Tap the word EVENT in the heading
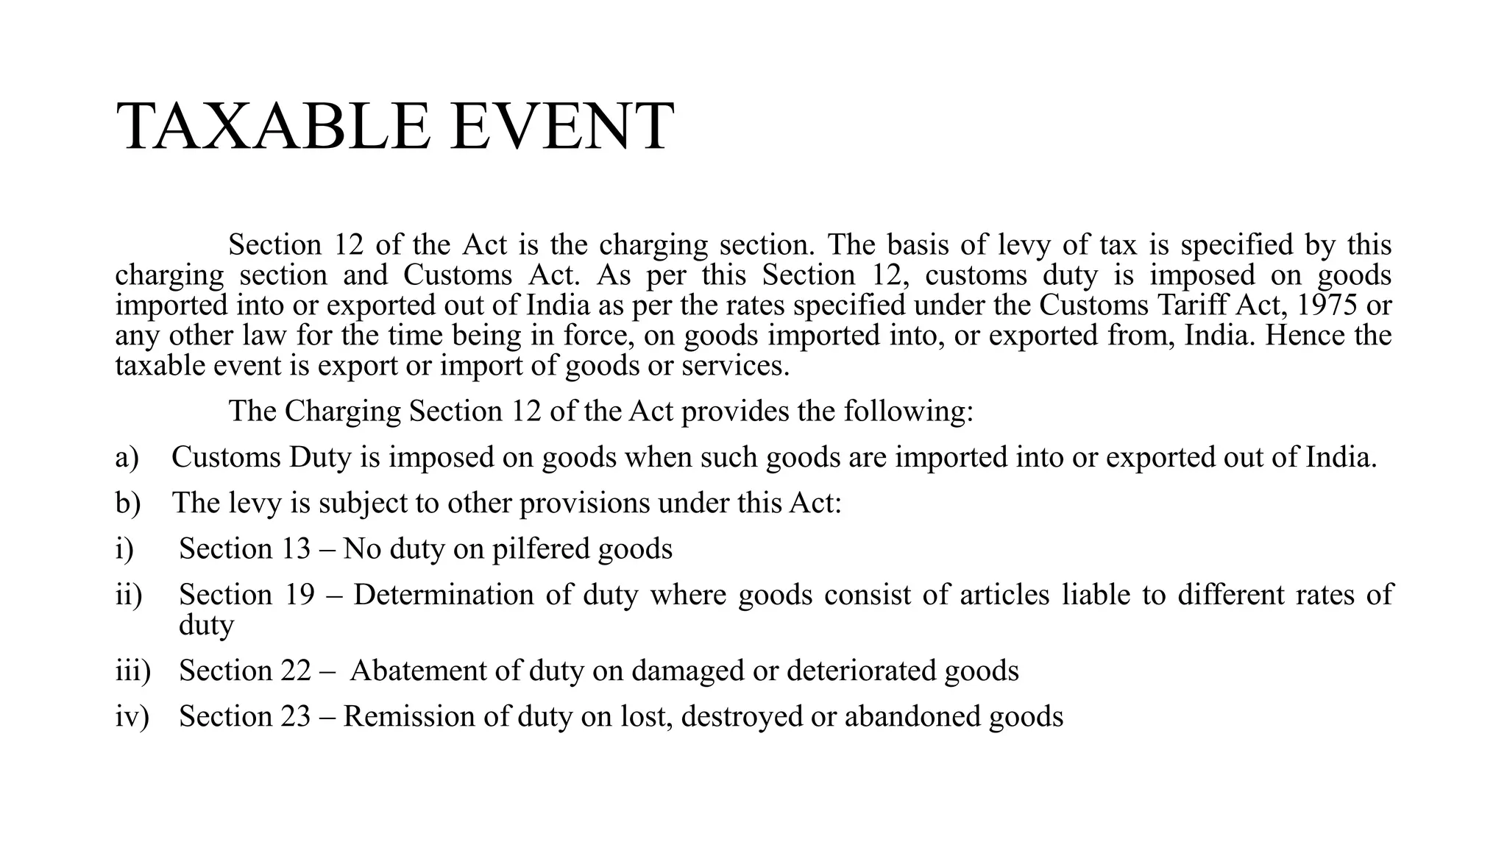click(561, 127)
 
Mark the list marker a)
click(127, 457)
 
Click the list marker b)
click(127, 503)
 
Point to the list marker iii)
click(132, 671)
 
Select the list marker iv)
click(132, 716)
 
